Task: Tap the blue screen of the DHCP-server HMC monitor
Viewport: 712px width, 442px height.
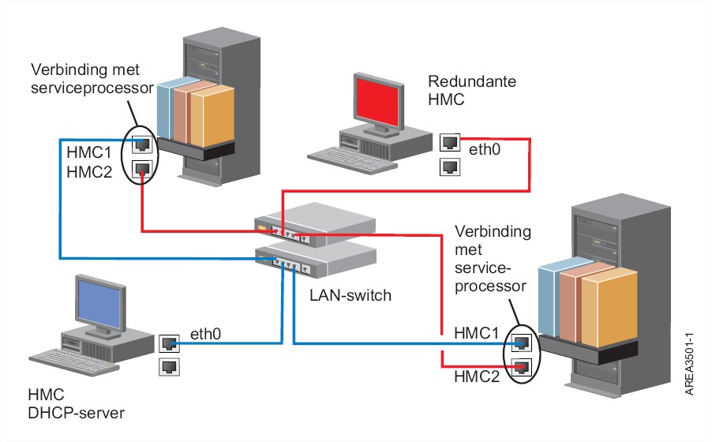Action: (x=99, y=302)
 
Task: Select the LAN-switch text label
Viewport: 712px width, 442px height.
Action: (x=346, y=297)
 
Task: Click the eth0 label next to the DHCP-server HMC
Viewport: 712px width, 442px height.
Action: (x=205, y=335)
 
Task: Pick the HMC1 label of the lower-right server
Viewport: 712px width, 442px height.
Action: (x=477, y=335)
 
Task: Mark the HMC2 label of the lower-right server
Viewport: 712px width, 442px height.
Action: (x=477, y=377)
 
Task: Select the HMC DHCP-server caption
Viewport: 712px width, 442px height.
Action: (x=76, y=403)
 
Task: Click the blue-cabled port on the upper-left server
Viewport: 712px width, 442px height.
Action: (x=141, y=144)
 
